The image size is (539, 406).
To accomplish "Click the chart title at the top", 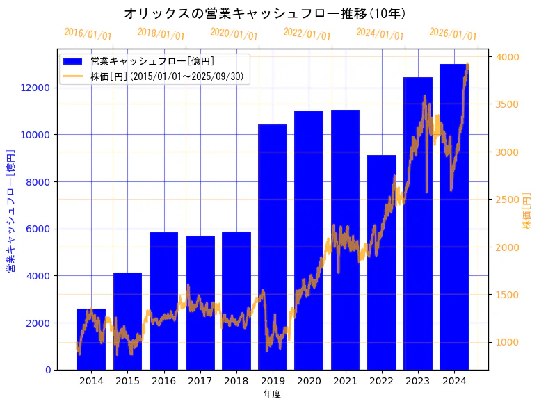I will [265, 13].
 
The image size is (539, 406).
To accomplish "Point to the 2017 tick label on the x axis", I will [200, 381].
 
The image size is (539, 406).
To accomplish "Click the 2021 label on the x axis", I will [345, 381].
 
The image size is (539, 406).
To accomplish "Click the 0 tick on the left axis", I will [47, 370].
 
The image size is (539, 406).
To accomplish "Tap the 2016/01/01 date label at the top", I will [88, 34].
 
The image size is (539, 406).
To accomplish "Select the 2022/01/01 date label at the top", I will [307, 34].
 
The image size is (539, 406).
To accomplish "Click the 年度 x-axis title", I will [272, 394].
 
